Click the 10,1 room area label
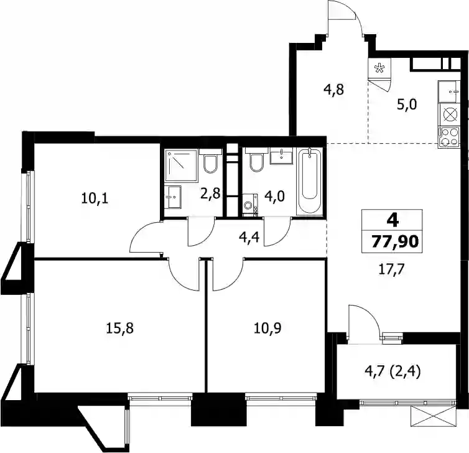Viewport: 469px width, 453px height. click(95, 198)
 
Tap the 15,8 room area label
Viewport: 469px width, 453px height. click(119, 328)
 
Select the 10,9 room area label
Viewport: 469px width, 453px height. click(267, 328)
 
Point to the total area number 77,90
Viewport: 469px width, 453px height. click(394, 241)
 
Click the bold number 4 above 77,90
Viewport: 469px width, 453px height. click(392, 221)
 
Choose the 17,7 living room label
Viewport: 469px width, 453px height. click(391, 269)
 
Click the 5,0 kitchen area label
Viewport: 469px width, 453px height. click(407, 105)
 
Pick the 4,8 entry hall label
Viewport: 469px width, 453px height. click(334, 90)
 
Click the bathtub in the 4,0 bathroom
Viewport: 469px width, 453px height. click(310, 181)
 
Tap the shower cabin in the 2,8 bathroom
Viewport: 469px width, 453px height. click(182, 166)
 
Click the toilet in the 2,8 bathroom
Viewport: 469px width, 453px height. click(211, 161)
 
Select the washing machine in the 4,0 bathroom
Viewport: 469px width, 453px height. click(250, 205)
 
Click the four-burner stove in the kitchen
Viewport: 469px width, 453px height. click(448, 138)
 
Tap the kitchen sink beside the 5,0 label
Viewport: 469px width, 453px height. click(448, 91)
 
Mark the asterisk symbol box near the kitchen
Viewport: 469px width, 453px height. click(379, 68)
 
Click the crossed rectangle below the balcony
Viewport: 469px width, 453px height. click(434, 416)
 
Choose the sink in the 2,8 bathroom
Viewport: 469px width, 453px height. click(173, 197)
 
